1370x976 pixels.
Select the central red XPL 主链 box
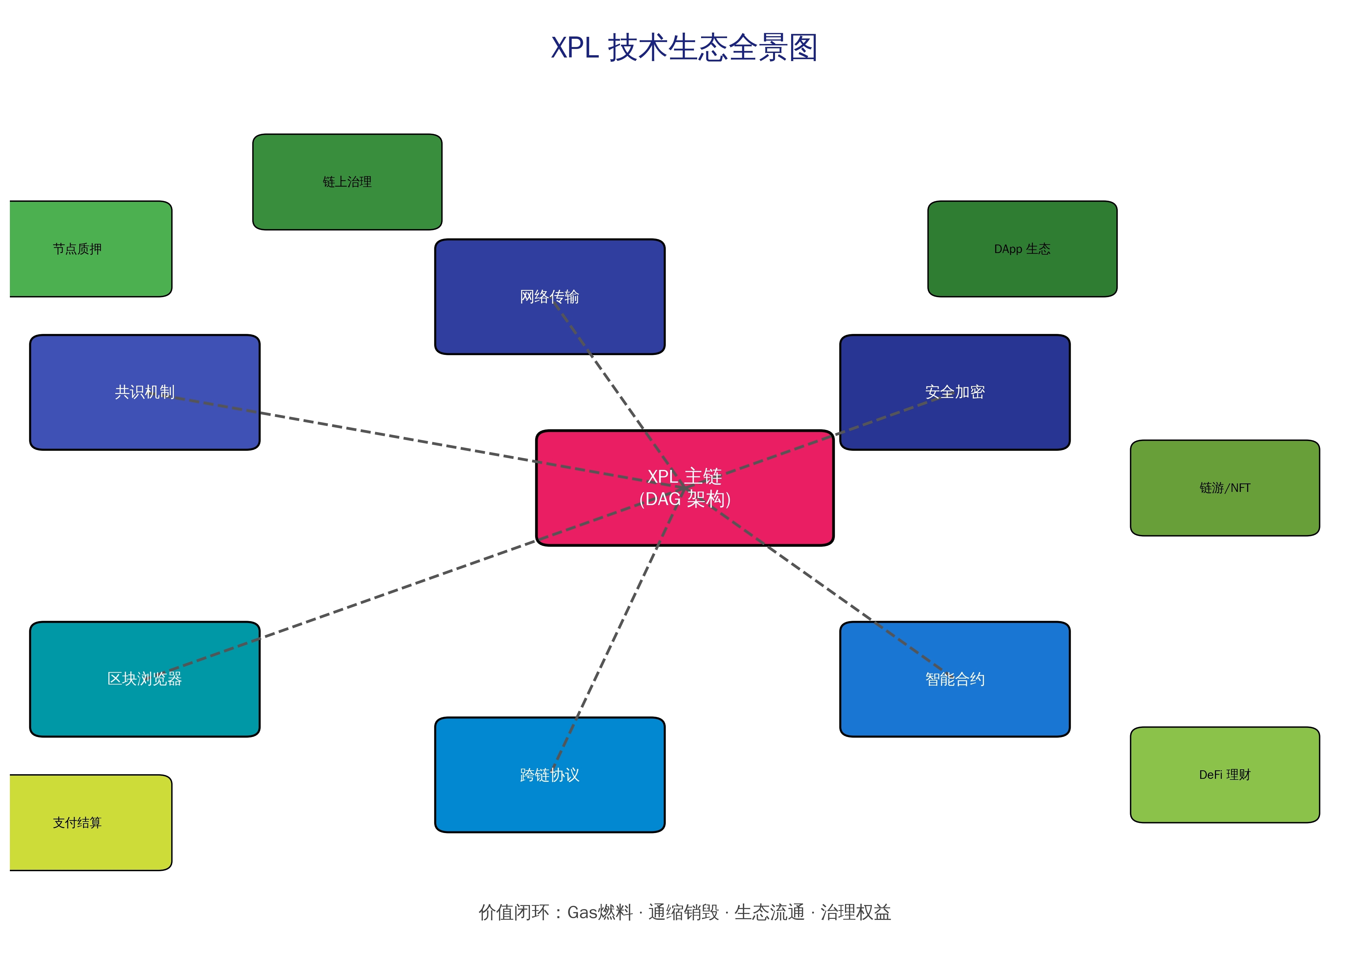coord(601,517)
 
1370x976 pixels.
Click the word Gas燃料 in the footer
coord(600,912)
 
